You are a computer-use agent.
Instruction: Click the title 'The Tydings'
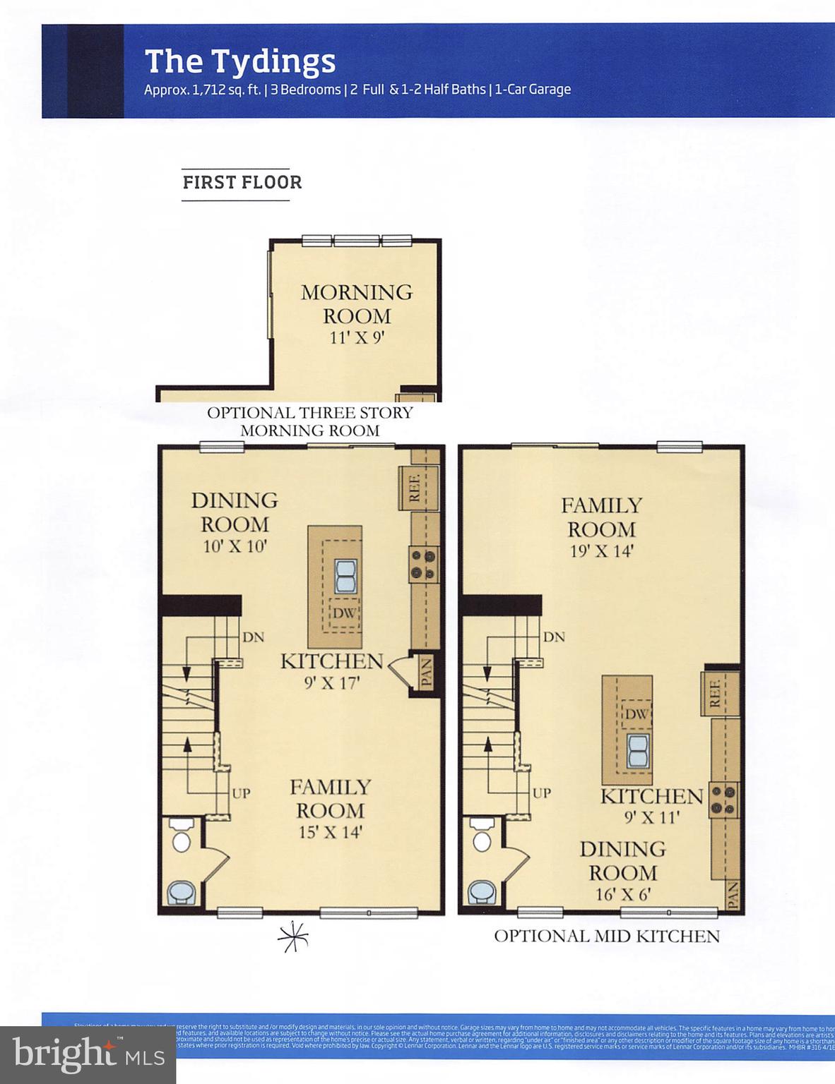click(x=239, y=61)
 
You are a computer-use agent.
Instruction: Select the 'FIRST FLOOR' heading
click(x=242, y=183)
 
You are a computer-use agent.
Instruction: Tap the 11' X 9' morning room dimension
click(x=357, y=337)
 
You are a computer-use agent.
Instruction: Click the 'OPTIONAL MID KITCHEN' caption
click(x=607, y=937)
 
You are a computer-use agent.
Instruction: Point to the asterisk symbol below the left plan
click(x=293, y=937)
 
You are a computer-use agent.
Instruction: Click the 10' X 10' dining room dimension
click(x=235, y=546)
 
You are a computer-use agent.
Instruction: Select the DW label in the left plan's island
click(x=344, y=613)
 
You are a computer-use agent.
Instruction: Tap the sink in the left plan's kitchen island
click(x=344, y=576)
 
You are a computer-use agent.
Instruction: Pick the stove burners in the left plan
click(x=424, y=564)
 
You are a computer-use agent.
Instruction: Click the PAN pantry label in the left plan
click(x=427, y=673)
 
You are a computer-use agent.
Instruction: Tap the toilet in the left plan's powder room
click(x=182, y=835)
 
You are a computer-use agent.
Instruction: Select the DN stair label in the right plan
click(x=554, y=637)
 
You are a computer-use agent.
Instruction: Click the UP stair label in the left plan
click(x=241, y=793)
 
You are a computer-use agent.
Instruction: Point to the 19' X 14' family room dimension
click(x=601, y=551)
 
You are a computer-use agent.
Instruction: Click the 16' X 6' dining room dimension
click(x=622, y=894)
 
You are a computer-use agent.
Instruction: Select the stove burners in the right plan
click(x=724, y=800)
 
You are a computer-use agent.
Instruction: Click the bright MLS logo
click(x=88, y=1054)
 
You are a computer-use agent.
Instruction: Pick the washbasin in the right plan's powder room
click(x=482, y=892)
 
